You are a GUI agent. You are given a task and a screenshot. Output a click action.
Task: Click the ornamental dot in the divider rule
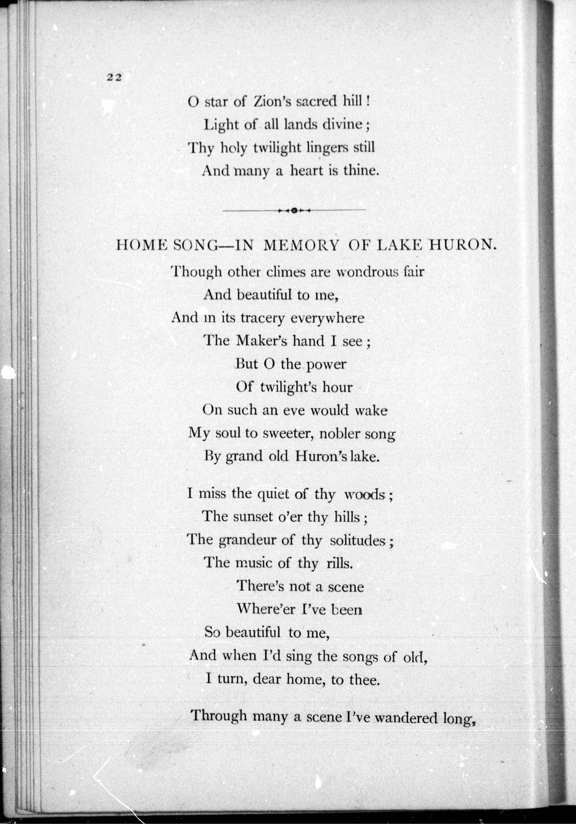pos(294,211)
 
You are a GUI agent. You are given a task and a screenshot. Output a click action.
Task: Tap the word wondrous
pos(363,272)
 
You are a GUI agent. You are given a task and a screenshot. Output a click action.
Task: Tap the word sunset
pos(253,517)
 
